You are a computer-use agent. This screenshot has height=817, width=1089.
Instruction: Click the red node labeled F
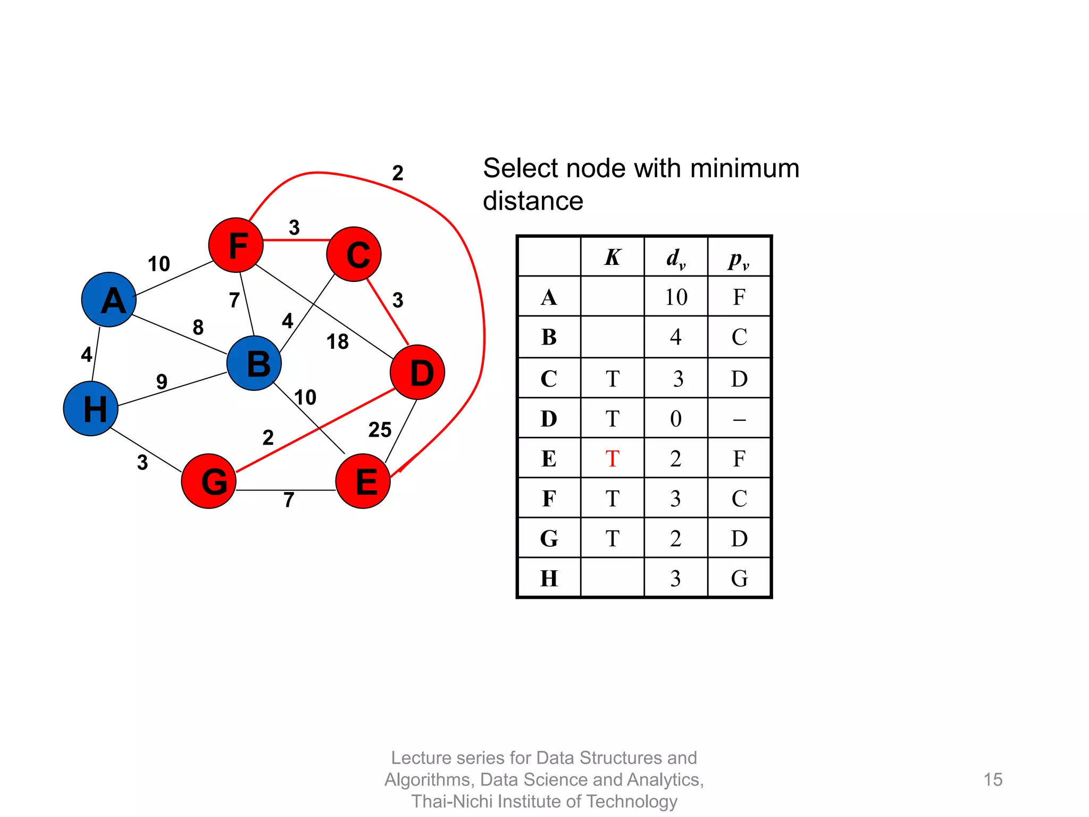pyautogui.click(x=236, y=245)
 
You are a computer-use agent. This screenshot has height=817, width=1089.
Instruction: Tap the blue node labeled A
pyautogui.click(x=109, y=299)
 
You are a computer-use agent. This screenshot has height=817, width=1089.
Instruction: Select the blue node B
pyautogui.click(x=254, y=363)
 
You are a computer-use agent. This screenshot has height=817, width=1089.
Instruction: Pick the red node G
pyautogui.click(x=209, y=481)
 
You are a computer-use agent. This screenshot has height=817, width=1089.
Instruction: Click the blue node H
pyautogui.click(x=91, y=408)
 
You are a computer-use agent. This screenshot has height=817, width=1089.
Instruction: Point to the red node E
pyautogui.click(x=363, y=481)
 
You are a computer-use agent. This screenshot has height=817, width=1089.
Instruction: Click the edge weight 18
pyautogui.click(x=337, y=341)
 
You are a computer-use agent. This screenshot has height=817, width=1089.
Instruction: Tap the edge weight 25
pyautogui.click(x=380, y=430)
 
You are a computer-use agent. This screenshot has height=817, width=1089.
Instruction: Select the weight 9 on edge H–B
pyautogui.click(x=162, y=381)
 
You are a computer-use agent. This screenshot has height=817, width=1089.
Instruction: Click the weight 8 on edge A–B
pyautogui.click(x=198, y=327)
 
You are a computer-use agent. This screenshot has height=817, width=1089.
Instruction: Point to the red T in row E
pyautogui.click(x=612, y=458)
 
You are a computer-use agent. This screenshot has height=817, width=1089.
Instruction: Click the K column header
pyautogui.click(x=612, y=257)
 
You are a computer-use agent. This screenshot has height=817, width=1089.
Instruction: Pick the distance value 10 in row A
pyautogui.click(x=676, y=297)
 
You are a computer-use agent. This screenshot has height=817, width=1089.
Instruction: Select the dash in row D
pyautogui.click(x=739, y=420)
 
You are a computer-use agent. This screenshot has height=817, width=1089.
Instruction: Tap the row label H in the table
pyautogui.click(x=549, y=578)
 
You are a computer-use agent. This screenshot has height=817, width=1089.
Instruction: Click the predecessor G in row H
pyautogui.click(x=739, y=578)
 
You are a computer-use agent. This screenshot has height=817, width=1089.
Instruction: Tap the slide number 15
pyautogui.click(x=993, y=779)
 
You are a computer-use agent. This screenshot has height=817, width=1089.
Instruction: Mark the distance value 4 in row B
pyautogui.click(x=676, y=337)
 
